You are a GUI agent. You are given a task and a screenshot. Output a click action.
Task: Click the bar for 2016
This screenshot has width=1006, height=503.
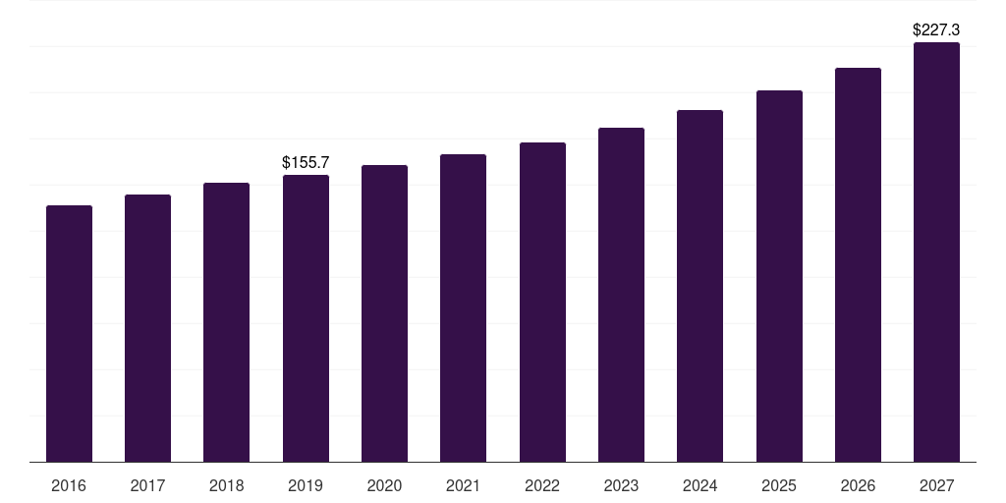[69, 334]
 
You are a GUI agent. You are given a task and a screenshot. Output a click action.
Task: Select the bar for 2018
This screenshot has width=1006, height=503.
[226, 322]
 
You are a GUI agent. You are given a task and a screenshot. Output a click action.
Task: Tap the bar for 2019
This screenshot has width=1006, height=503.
[306, 318]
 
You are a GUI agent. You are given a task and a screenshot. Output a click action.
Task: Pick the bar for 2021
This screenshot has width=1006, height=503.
[463, 308]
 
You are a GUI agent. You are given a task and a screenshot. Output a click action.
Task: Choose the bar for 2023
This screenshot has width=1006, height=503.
[621, 295]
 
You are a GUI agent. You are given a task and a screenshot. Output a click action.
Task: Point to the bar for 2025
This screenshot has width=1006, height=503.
[779, 276]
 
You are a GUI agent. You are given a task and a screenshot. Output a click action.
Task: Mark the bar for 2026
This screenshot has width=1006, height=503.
[858, 265]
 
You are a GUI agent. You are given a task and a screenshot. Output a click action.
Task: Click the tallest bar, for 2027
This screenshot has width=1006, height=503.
[936, 252]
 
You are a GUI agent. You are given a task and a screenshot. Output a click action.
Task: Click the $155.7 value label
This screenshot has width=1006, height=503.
[306, 161]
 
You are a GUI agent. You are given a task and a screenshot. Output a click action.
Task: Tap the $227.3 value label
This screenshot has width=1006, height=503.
[936, 30]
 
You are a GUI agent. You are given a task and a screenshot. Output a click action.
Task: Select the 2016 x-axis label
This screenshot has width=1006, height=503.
[69, 486]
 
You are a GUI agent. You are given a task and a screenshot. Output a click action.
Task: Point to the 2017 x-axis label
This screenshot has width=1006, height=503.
[147, 486]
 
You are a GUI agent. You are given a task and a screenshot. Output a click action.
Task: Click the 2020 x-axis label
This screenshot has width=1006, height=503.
[384, 486]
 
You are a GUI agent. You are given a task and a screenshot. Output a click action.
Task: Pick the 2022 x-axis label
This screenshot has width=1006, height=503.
[542, 486]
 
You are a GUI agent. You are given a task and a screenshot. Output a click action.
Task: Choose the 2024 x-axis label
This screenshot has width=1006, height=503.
[699, 486]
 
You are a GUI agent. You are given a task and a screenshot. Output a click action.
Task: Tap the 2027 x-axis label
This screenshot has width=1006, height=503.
[936, 486]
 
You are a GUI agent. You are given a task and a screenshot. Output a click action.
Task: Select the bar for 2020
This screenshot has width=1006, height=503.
[384, 313]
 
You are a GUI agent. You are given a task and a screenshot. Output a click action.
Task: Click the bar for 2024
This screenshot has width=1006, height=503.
[699, 286]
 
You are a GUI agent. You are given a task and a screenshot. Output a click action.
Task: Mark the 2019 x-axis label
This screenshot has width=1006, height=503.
[306, 486]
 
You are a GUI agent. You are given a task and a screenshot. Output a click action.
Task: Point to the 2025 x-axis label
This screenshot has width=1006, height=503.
[779, 486]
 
